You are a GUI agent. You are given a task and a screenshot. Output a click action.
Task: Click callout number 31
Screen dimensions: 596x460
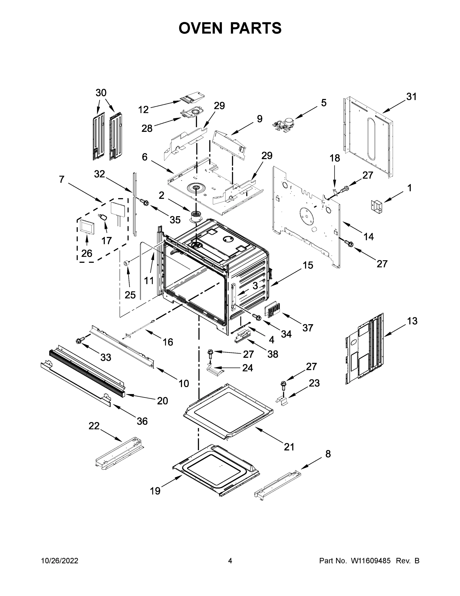(x=411, y=97)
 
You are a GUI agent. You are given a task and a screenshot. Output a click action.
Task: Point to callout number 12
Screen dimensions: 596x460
(x=143, y=110)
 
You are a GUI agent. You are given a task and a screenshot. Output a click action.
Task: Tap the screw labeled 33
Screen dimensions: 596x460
(x=80, y=340)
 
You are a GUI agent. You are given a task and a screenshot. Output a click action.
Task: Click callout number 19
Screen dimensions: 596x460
(x=155, y=499)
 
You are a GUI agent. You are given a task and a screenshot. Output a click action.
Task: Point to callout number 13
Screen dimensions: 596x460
(x=412, y=321)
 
